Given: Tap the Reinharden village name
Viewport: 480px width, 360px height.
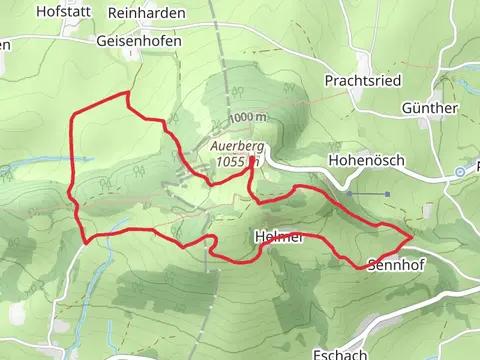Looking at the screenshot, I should (151, 11).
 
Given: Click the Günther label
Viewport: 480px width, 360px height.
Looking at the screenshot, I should (429, 107).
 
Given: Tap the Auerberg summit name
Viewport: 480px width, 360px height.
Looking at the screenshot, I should (236, 146).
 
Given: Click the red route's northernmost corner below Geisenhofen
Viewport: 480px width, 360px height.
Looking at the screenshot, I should (127, 93).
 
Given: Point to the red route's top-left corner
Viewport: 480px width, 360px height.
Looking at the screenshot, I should (73, 119).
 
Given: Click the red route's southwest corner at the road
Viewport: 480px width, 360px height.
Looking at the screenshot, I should (86, 240).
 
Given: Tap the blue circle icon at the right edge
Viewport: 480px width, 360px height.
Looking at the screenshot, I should (459, 172).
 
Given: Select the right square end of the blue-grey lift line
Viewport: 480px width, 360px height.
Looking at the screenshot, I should (387, 193).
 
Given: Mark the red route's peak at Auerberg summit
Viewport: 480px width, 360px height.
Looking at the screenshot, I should (250, 165).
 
